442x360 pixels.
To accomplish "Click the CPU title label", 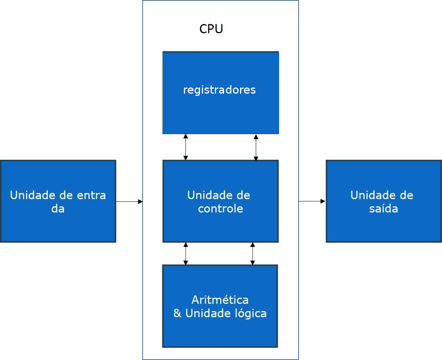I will (211, 29).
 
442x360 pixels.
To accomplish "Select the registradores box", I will (221, 111).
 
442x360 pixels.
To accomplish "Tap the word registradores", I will (219, 90).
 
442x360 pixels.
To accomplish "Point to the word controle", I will (220, 209).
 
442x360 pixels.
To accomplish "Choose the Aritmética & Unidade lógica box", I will (220, 331).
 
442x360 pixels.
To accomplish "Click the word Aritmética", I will (220, 300).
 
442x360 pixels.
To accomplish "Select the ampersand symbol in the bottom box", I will (177, 313).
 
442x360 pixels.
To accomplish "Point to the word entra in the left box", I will (91, 195).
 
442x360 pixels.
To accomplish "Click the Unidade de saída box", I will (383, 225).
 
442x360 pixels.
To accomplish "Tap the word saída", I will (383, 209).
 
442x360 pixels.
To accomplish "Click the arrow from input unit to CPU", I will (129, 201).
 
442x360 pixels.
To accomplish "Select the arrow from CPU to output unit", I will (312, 201).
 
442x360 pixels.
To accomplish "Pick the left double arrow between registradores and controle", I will (185, 147).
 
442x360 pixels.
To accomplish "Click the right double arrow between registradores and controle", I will (256, 148).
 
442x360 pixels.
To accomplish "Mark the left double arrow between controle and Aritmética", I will (185, 253).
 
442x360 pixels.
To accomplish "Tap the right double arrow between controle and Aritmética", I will (252, 253).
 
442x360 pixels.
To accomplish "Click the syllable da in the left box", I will (58, 209).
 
